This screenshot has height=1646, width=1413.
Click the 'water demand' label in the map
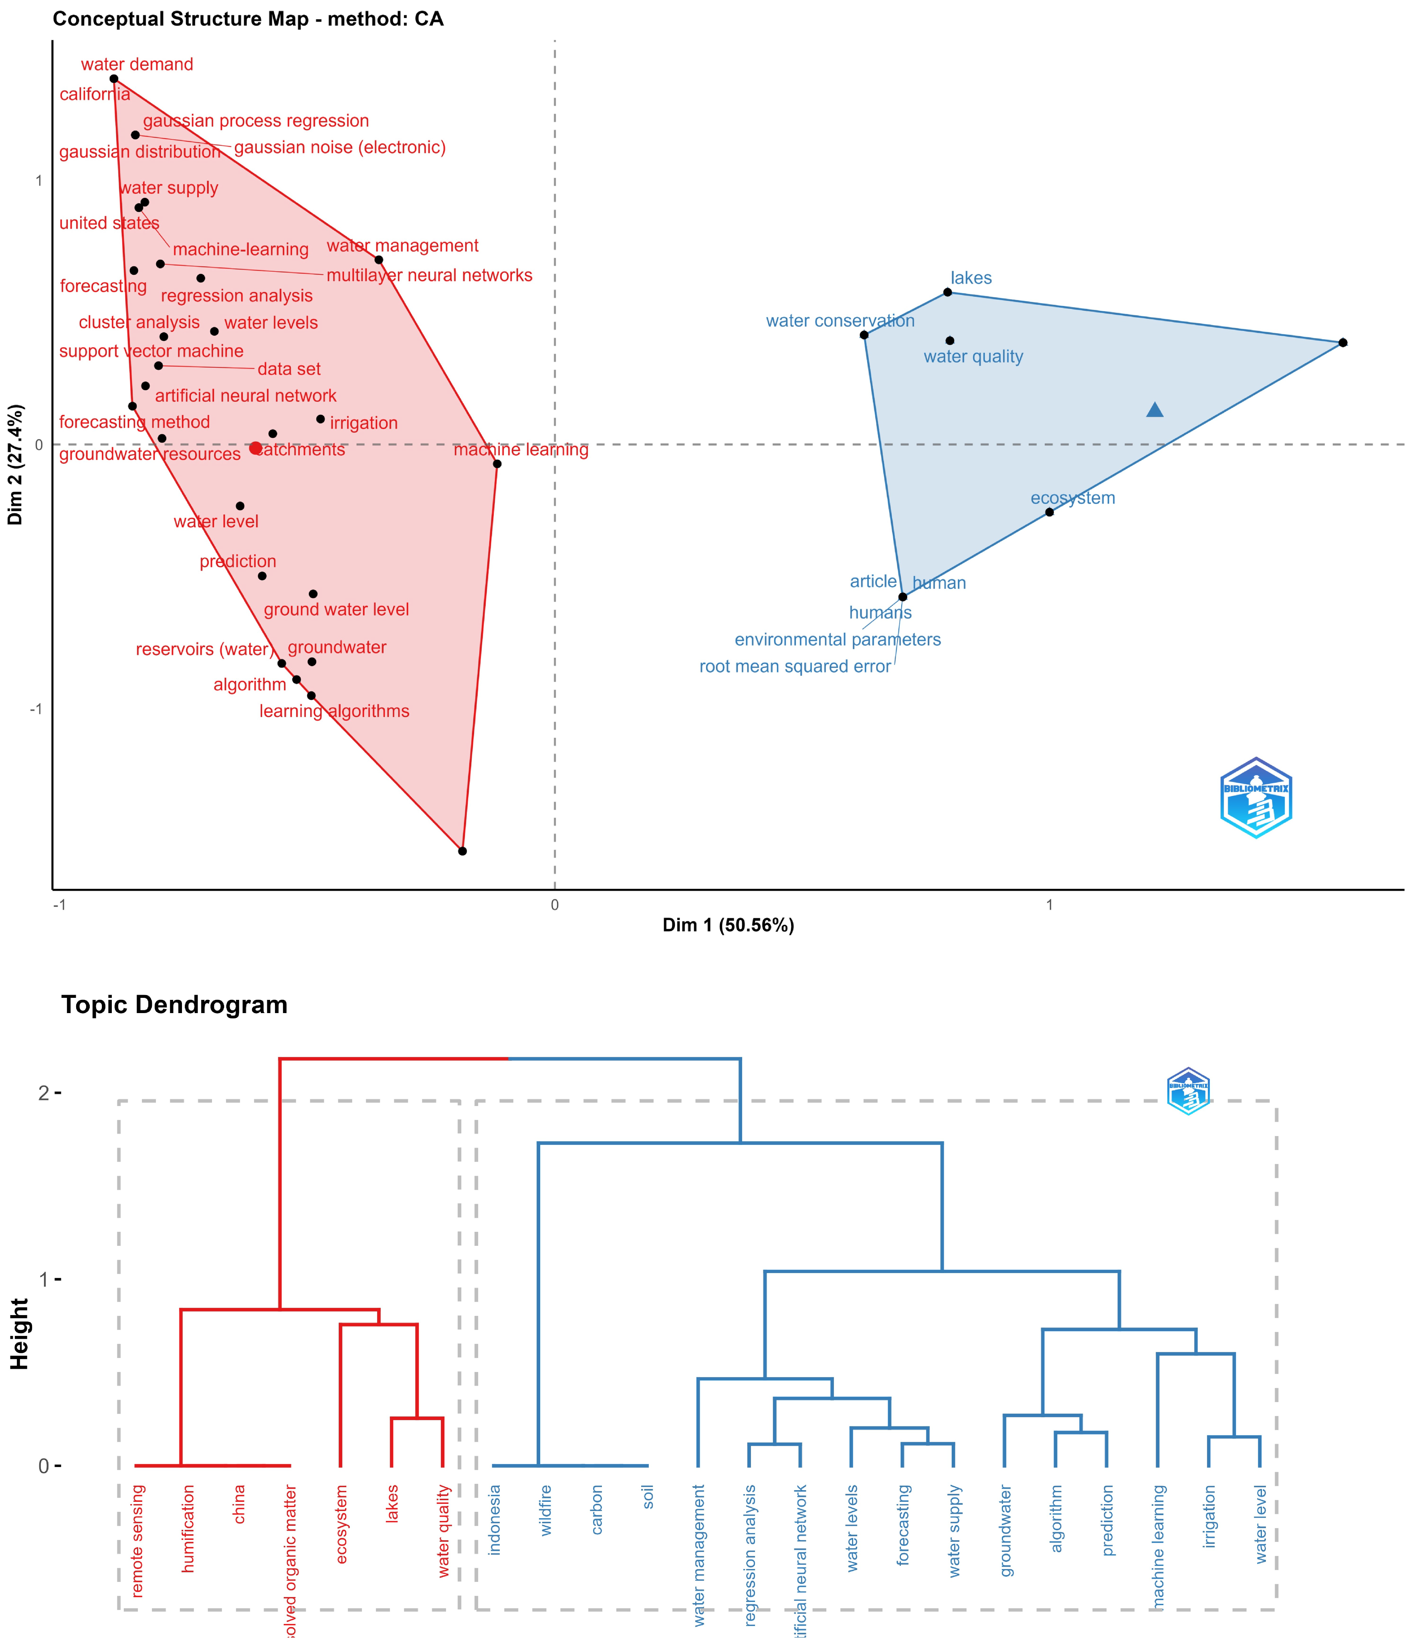137,64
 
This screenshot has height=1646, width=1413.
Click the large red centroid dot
255,448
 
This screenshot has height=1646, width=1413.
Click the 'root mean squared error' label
795,667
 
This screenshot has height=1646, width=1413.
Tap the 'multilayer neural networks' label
429,276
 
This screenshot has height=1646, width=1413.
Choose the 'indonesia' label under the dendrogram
495,1519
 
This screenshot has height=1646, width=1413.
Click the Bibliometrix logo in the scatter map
1256,798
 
